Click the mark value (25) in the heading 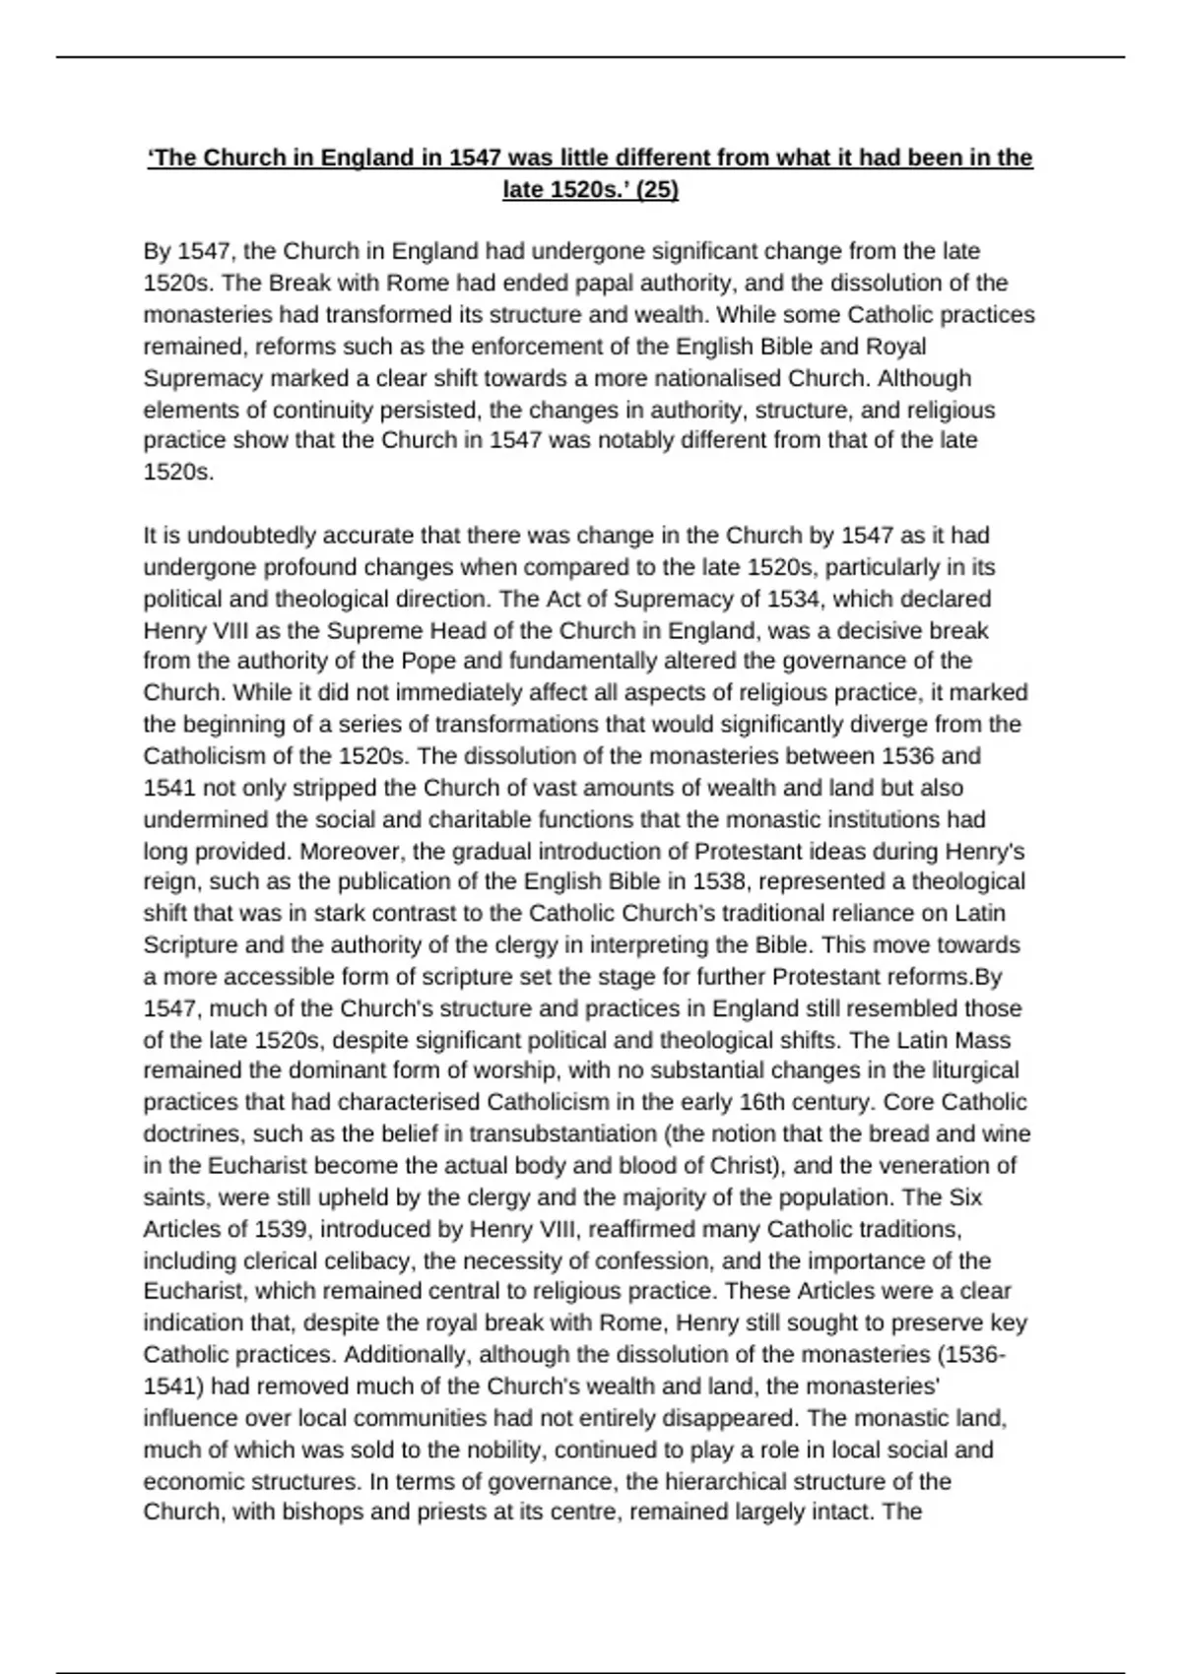(x=657, y=190)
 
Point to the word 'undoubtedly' (x=252, y=536)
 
